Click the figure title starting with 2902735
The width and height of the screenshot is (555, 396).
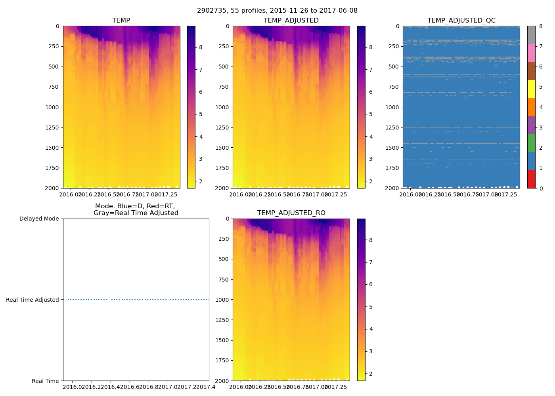coord(277,11)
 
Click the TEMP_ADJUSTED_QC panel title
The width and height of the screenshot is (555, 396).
coord(461,21)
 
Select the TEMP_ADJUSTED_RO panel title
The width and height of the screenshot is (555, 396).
coord(291,213)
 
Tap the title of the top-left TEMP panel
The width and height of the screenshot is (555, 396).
coord(121,21)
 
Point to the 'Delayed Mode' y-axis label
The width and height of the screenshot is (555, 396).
coord(39,219)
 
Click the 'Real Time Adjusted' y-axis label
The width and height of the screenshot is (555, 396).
coord(33,300)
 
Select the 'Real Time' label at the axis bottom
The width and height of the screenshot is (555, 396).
coord(45,381)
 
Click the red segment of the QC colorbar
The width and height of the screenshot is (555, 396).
coord(531,179)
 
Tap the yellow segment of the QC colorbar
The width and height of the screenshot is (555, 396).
coord(531,89)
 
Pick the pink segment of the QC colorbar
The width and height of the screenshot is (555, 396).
coord(531,53)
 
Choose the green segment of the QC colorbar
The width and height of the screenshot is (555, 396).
coord(531,143)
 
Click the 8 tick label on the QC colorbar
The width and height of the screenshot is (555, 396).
coord(540,26)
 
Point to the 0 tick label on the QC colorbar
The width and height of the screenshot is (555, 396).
coord(540,188)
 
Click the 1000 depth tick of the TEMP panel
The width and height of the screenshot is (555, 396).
coord(53,107)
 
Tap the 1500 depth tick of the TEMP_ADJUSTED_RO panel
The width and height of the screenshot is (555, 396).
coord(222,340)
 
